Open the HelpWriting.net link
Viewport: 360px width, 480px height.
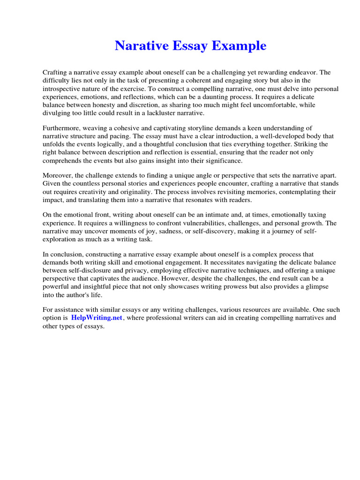97,318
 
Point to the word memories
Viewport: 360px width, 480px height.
269,192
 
